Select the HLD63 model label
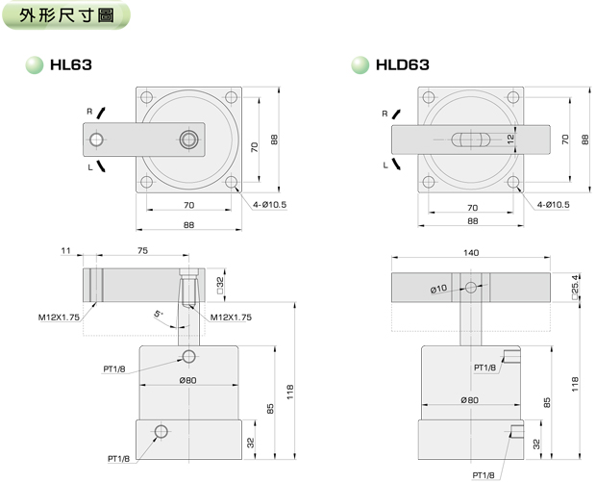click(404, 65)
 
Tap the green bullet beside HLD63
click(360, 65)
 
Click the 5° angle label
click(159, 314)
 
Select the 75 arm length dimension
click(142, 252)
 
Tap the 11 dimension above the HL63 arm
click(66, 252)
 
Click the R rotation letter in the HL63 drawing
click(88, 112)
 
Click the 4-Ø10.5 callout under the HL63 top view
click(271, 204)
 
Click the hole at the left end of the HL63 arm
click(96, 140)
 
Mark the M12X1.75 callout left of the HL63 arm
click(58, 316)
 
